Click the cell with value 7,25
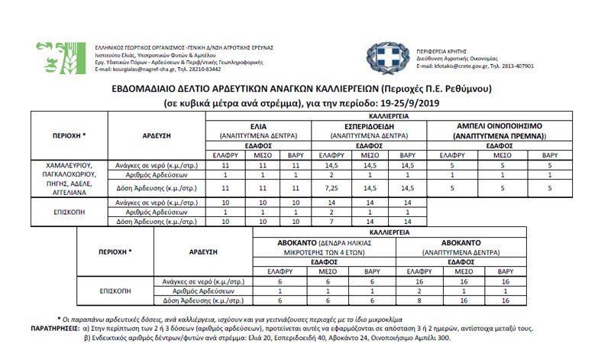tap(331, 186)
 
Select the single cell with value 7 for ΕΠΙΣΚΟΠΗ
tap(331, 222)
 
